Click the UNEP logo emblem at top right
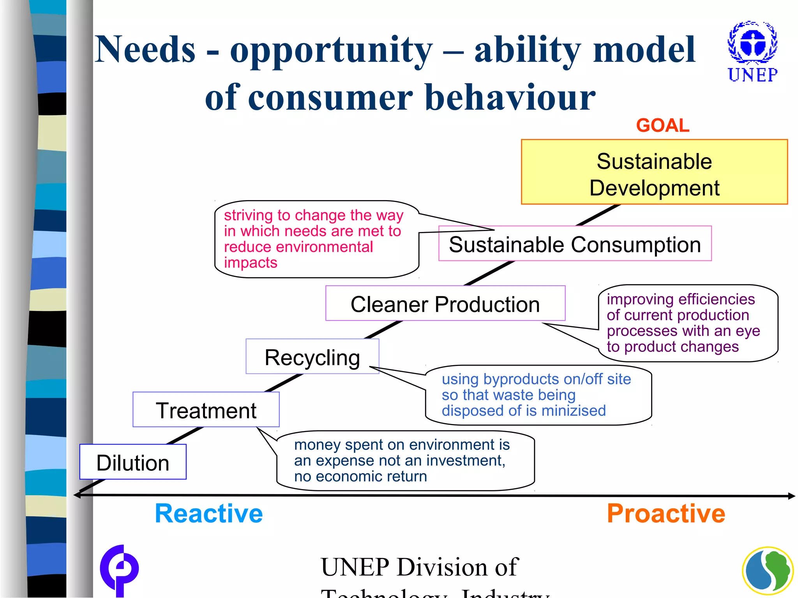click(x=752, y=43)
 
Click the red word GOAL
click(x=662, y=126)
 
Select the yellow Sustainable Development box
click(x=654, y=172)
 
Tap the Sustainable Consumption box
click(x=575, y=244)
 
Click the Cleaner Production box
click(x=445, y=304)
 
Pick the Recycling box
click(x=312, y=357)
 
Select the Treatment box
click(x=206, y=410)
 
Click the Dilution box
click(x=132, y=463)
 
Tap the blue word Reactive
click(x=209, y=514)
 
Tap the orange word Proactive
click(x=666, y=514)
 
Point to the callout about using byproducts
click(x=538, y=395)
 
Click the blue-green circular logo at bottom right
click(x=767, y=571)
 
